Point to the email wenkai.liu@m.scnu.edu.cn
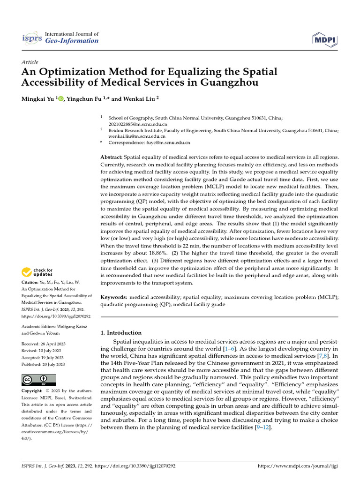[137, 136]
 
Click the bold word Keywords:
[114, 297]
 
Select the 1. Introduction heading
[121, 333]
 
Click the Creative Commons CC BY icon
[38, 380]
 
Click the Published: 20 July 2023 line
[43, 364]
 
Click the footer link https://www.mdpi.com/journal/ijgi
[298, 466]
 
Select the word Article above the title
[30, 62]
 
